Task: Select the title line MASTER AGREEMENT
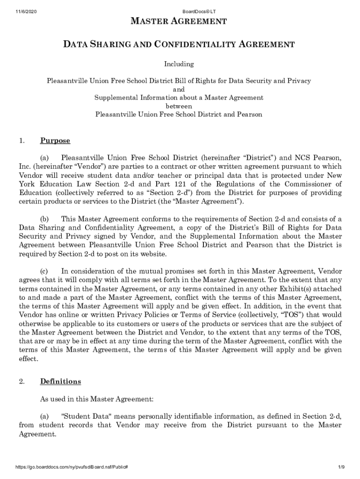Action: pyautogui.click(x=179, y=22)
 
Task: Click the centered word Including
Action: pyautogui.click(x=179, y=64)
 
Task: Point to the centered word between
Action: pyautogui.click(x=179, y=106)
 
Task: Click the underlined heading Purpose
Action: pyautogui.click(x=55, y=141)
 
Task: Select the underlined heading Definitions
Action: pyautogui.click(x=60, y=382)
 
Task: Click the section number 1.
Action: pyautogui.click(x=22, y=141)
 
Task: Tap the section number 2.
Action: pyautogui.click(x=22, y=382)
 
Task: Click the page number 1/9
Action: pyautogui.click(x=341, y=467)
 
